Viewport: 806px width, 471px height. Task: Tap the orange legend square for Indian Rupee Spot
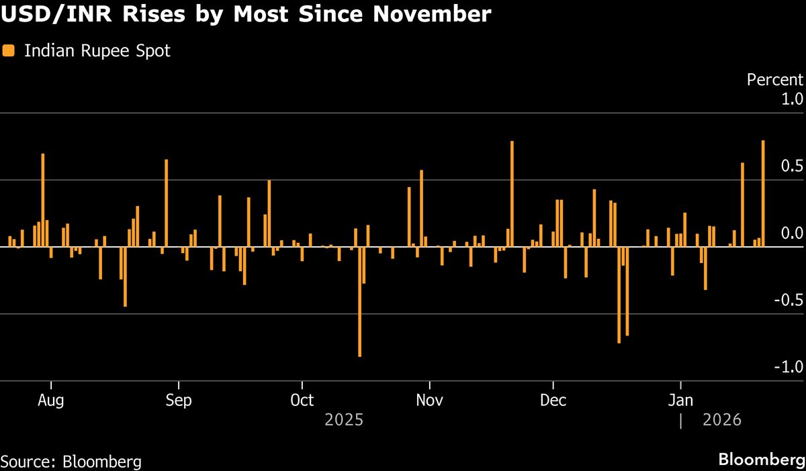[x=9, y=50]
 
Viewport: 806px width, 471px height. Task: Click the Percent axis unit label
[x=775, y=80]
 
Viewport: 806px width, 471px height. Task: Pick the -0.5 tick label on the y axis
[x=789, y=301]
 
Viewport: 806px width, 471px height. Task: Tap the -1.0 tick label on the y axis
[x=789, y=368]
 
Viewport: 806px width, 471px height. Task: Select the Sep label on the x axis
[x=178, y=401]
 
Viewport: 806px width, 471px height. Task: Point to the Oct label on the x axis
[x=302, y=401]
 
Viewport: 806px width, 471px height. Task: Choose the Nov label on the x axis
[x=429, y=401]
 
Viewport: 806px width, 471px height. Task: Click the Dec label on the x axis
[x=553, y=401]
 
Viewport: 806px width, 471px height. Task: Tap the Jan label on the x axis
[x=681, y=401]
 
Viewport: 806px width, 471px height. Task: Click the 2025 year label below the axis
[x=344, y=421]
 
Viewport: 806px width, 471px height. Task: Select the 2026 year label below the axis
[x=721, y=421]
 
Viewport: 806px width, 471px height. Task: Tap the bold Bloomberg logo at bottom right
[x=762, y=460]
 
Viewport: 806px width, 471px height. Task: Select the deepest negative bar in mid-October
[x=360, y=302]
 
